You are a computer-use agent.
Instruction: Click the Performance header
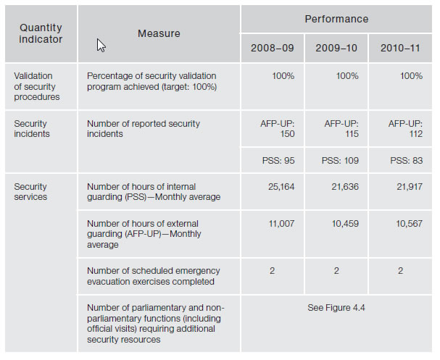[x=337, y=19]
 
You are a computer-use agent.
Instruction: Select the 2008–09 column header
[x=273, y=48]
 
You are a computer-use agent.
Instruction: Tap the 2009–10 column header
[x=337, y=48]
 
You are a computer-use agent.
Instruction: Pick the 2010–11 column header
[x=401, y=48]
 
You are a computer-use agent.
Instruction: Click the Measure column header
[x=159, y=33]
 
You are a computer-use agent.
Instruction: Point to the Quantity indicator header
[x=41, y=33]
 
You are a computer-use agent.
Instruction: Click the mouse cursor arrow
[x=101, y=46]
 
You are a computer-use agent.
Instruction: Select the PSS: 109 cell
[x=339, y=159]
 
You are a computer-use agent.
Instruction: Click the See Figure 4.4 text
[x=336, y=308]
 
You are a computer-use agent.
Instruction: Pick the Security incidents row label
[x=31, y=129]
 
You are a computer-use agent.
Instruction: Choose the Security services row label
[x=30, y=192]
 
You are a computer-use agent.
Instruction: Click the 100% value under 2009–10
[x=347, y=76]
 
